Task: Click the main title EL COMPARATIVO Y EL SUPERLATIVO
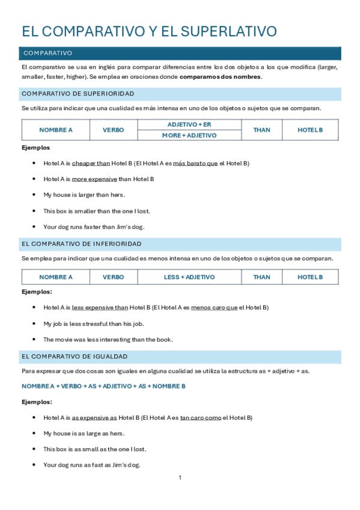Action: (149, 32)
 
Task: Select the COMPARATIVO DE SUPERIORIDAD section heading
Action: (78, 94)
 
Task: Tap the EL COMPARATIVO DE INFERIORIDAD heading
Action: (81, 244)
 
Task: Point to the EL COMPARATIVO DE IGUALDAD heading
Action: (74, 357)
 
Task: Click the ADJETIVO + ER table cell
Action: (189, 124)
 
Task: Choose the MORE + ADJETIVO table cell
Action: (189, 135)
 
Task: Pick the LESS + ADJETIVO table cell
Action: (189, 277)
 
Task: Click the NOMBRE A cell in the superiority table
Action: (56, 130)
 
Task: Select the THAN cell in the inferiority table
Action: (261, 277)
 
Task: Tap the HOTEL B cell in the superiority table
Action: (310, 130)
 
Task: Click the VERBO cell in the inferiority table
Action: (114, 277)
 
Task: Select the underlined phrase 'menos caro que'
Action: (214, 307)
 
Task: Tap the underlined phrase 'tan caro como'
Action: (201, 417)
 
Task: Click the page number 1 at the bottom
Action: (180, 478)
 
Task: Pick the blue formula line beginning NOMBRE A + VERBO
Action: (103, 386)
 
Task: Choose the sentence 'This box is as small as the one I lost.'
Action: (94, 449)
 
